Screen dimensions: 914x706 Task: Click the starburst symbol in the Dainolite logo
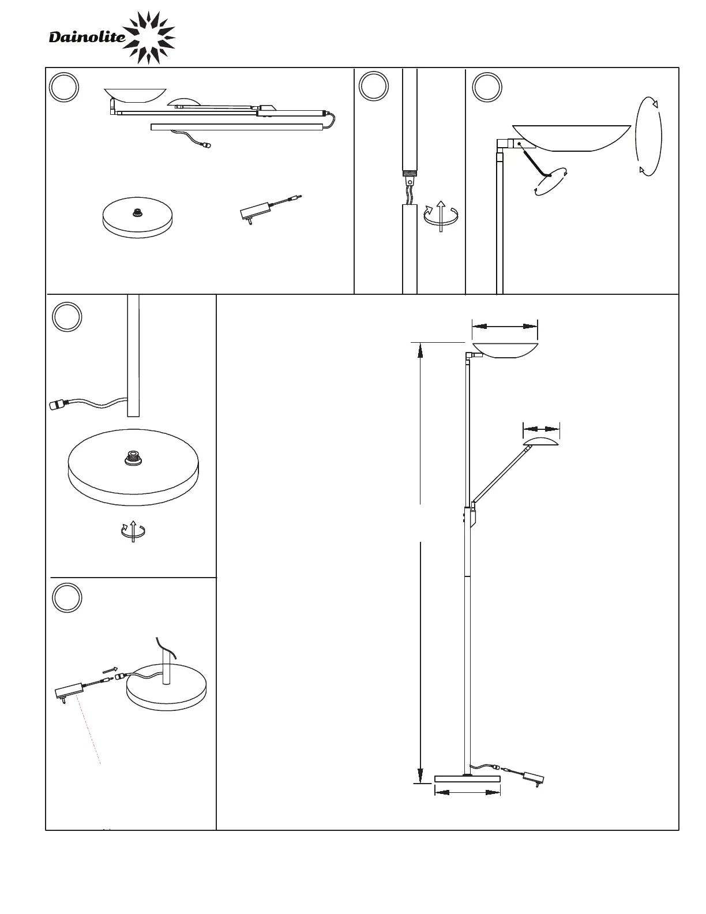[149, 38]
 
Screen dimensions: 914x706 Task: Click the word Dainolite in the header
[87, 38]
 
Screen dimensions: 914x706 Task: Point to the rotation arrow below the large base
[133, 531]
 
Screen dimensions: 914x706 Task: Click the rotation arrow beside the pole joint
[440, 215]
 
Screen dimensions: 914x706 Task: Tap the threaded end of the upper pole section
[409, 172]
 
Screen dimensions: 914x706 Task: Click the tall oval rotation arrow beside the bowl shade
[648, 136]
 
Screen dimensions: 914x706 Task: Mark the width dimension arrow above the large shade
[505, 327]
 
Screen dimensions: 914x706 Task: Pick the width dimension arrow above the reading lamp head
[541, 429]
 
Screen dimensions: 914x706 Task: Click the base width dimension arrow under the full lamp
[467, 793]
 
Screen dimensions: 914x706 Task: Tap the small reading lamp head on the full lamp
[541, 443]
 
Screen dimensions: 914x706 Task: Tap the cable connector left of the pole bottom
[59, 405]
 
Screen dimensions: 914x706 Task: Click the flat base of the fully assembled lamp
[467, 779]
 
